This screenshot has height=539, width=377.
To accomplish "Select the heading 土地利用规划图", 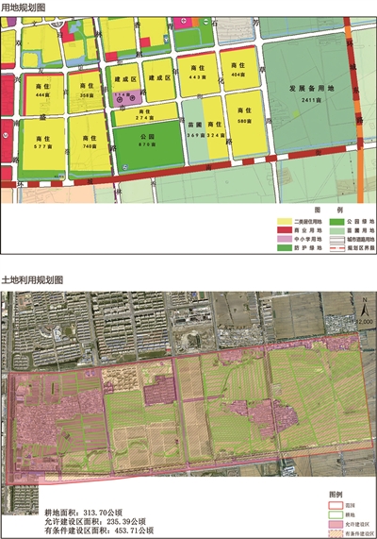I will point(31,281).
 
